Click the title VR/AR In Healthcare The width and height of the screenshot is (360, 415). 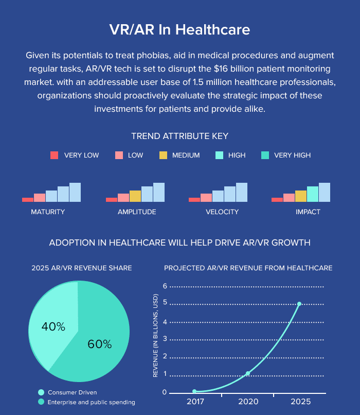[x=179, y=29]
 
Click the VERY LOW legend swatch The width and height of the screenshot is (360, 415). [x=55, y=155]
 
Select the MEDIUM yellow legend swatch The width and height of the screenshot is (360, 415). [x=164, y=155]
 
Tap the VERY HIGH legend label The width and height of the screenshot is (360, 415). [x=292, y=155]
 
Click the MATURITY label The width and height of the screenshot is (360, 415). [x=48, y=212]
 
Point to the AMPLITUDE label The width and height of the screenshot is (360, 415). [x=137, y=212]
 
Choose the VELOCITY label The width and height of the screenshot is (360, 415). [x=222, y=212]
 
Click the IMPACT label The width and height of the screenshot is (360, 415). [x=308, y=212]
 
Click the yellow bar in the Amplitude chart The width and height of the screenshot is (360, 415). [x=135, y=196]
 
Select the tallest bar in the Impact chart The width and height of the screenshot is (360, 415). [x=325, y=192]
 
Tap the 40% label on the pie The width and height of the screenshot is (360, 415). [x=53, y=326]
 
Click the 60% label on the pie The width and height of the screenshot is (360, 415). [x=99, y=344]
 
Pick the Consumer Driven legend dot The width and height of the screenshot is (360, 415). [x=41, y=392]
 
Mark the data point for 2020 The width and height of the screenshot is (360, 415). [x=248, y=373]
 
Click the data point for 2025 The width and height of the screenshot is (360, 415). [x=299, y=304]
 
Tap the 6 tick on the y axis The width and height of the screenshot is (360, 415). [x=165, y=286]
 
